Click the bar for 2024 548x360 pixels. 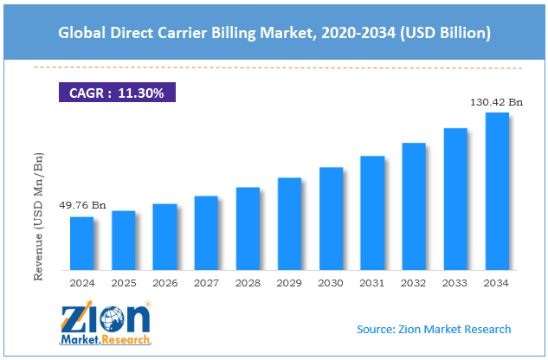coord(82,243)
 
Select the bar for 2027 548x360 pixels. coord(206,233)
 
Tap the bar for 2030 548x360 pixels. coord(331,218)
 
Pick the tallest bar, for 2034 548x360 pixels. coord(497,191)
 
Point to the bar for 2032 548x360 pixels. coord(414,206)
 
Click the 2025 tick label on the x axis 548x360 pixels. coord(124,282)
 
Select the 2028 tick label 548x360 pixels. coord(248,282)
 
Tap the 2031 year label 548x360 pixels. coord(372,282)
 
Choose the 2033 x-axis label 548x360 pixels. coord(455,282)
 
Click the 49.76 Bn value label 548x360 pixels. coord(82,205)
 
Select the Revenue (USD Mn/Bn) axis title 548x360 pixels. coord(39,203)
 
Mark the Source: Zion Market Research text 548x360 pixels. coord(434,329)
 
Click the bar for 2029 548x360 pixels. coord(289,224)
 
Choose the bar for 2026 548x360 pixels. coord(165,237)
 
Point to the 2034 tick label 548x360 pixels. coord(497,282)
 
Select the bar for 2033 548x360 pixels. coord(455,199)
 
